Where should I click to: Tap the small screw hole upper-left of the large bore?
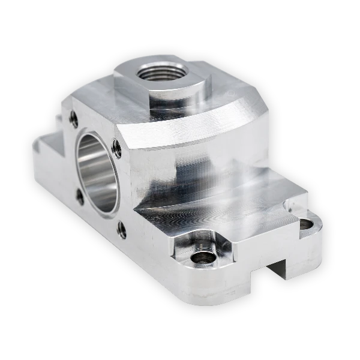click(x=74, y=118)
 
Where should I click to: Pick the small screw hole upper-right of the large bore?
click(x=117, y=148)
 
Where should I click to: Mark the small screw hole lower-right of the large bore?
click(x=122, y=229)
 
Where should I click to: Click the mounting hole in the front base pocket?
click(x=202, y=259)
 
